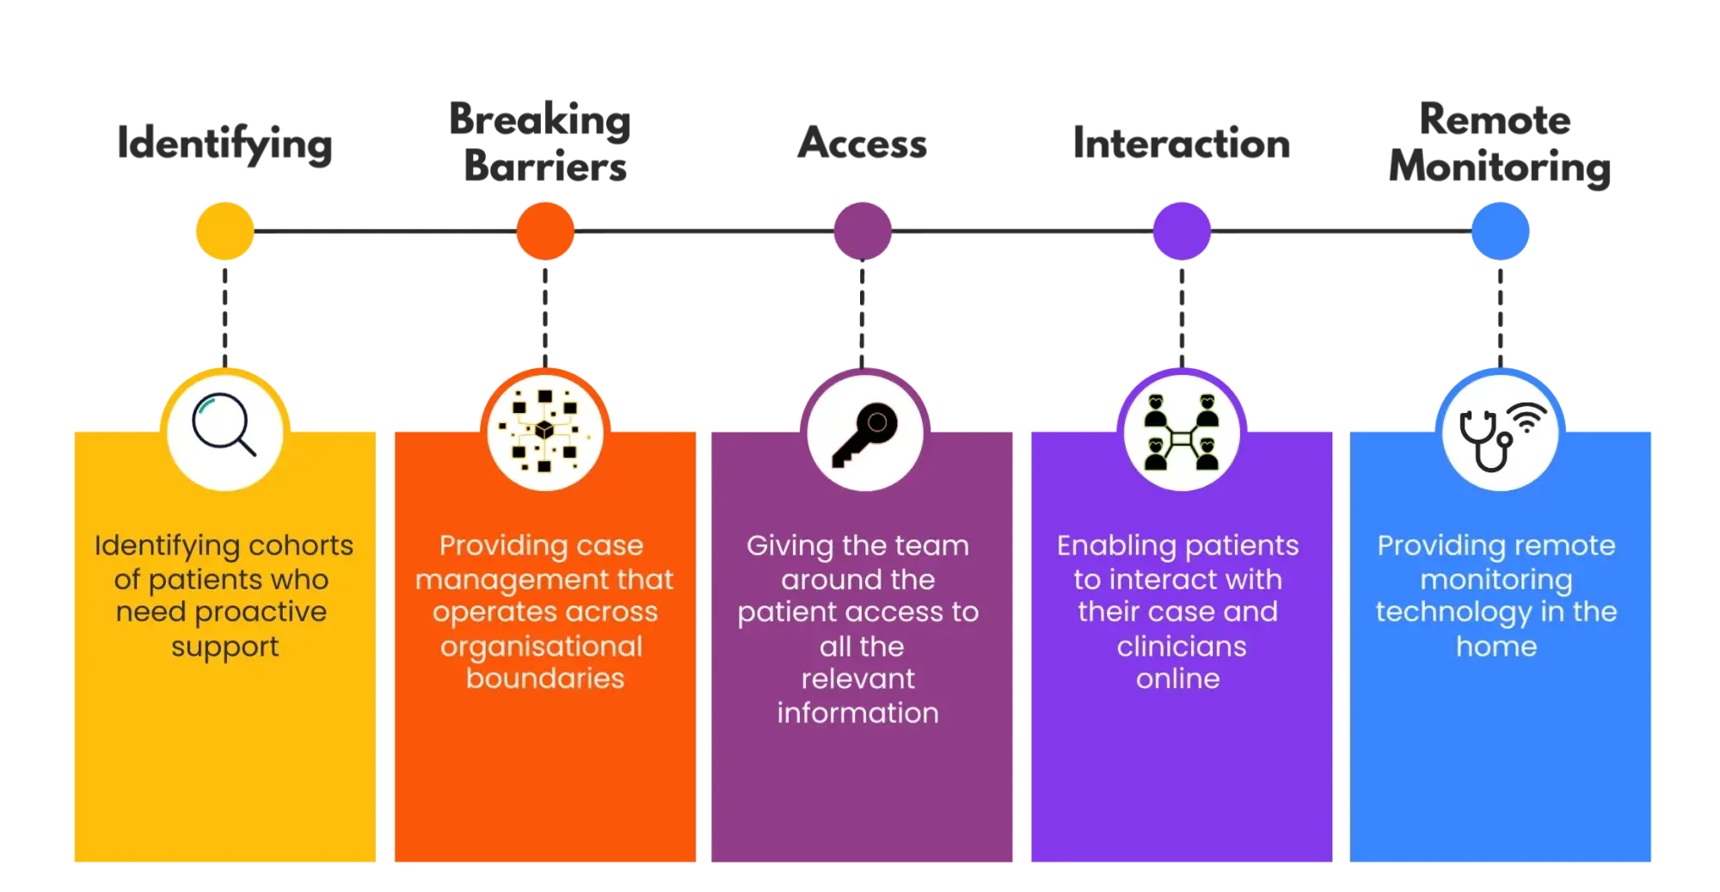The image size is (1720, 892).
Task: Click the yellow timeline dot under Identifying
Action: (x=224, y=231)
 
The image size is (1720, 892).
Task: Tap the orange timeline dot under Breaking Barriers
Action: (x=546, y=231)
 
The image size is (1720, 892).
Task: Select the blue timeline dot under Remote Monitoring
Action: (x=1502, y=231)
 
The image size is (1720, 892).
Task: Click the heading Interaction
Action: (x=1182, y=143)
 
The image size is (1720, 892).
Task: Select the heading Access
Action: (x=862, y=143)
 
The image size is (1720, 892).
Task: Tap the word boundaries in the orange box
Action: (x=545, y=679)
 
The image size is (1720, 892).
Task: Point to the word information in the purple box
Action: (x=857, y=713)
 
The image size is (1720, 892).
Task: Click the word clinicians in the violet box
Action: (x=1182, y=646)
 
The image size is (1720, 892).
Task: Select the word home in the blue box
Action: (x=1496, y=646)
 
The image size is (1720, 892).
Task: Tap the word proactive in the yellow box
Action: (x=261, y=612)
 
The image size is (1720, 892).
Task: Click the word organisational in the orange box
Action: (x=542, y=646)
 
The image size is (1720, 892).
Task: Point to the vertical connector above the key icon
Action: (x=861, y=314)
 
